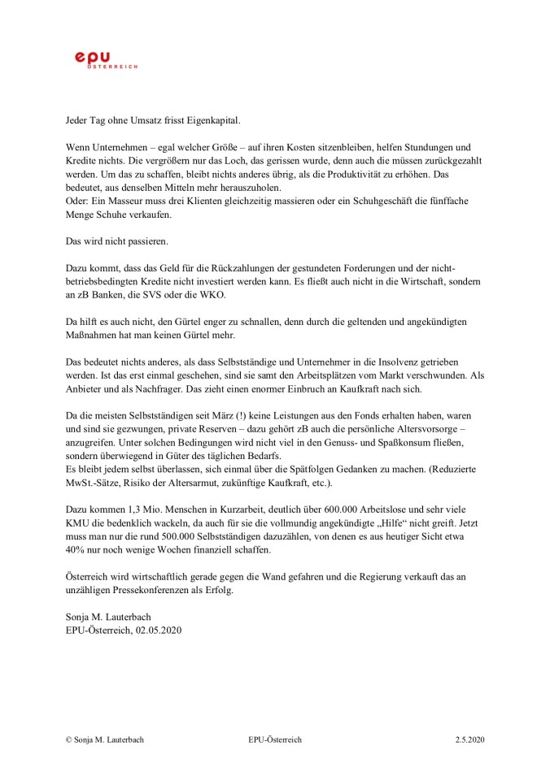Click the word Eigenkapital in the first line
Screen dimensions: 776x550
point(214,120)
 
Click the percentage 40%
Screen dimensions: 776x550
point(77,550)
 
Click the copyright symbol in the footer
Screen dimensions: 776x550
point(69,740)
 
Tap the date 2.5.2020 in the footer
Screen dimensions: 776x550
point(469,740)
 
